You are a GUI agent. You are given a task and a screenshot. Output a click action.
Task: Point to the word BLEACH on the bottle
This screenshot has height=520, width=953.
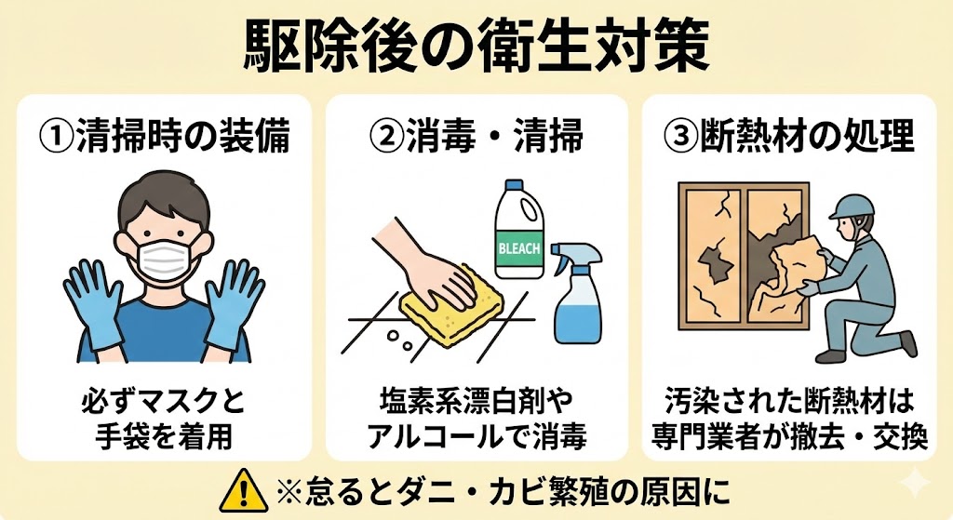(519, 247)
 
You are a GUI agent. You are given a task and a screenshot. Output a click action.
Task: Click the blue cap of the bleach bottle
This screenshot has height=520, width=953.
(515, 186)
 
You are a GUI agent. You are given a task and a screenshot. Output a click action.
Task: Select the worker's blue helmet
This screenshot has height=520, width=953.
(852, 206)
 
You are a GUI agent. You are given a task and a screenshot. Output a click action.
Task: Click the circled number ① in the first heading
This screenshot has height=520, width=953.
(56, 136)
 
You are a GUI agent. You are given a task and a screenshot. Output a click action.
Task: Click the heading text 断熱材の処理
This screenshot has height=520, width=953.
(807, 136)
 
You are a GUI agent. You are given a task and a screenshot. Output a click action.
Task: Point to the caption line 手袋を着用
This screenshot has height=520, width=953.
(164, 437)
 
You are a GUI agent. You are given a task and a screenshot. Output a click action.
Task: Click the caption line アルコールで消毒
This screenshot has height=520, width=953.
(476, 437)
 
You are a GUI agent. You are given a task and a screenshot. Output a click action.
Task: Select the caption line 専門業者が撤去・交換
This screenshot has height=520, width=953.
(789, 437)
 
